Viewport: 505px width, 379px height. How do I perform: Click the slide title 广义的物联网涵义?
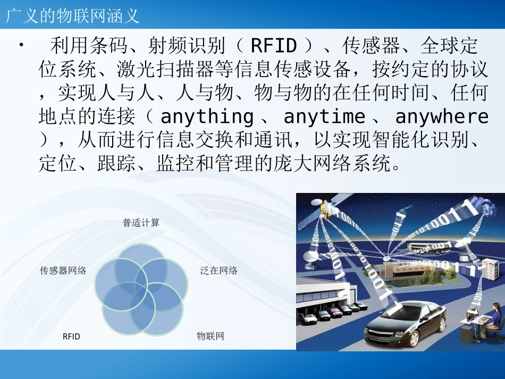72,15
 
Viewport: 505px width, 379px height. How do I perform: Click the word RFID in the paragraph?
273,46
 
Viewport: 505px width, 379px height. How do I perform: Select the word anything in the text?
207,116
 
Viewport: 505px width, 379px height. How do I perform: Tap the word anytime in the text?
324,116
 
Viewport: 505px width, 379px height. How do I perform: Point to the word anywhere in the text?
441,116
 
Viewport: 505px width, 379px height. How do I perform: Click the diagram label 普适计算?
141,223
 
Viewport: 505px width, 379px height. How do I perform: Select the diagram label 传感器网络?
63,271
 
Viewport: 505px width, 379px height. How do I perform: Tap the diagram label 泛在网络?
219,271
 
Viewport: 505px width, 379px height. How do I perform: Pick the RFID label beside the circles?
71,336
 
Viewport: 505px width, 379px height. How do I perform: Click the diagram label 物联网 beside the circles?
211,336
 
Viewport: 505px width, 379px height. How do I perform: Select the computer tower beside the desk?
466,335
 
